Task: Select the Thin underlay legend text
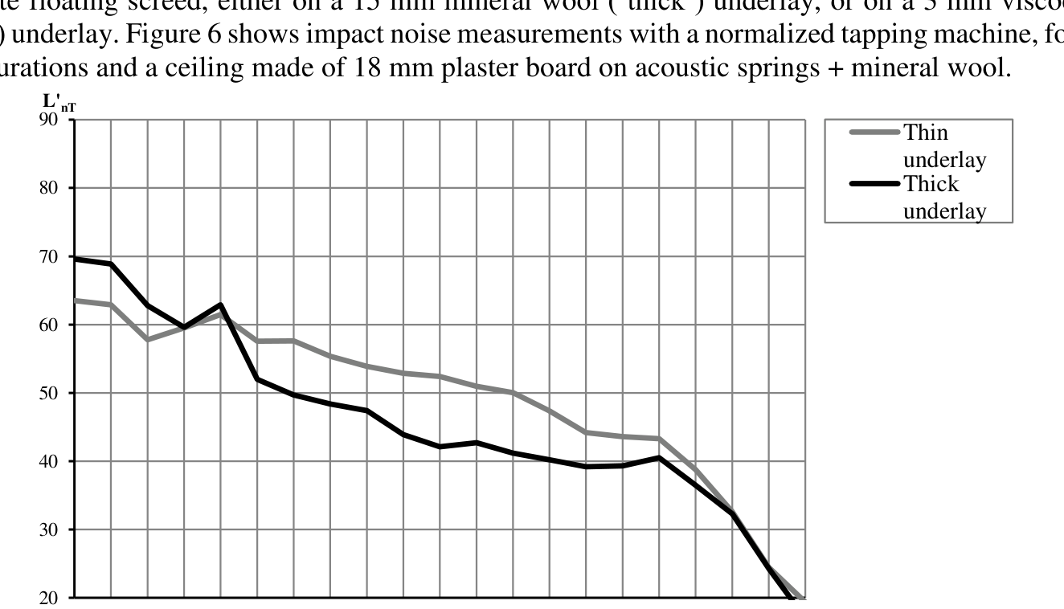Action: pos(943,145)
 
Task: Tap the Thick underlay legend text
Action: pos(943,197)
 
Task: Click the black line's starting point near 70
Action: pos(75,259)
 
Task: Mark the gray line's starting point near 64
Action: pos(75,300)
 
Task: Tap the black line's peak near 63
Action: pos(220,305)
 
